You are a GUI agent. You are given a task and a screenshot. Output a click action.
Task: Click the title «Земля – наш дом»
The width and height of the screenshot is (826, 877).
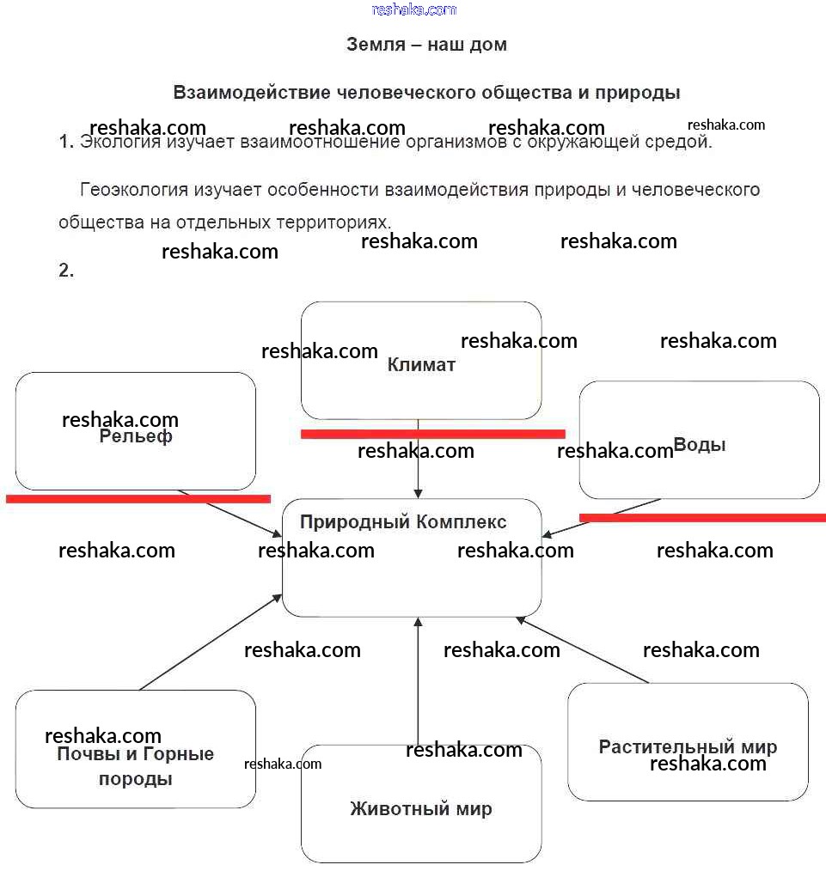[426, 45]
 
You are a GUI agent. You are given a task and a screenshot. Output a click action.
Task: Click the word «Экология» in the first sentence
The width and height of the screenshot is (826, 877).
[119, 143]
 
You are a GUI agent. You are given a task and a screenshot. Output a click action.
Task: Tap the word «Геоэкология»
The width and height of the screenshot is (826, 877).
[133, 190]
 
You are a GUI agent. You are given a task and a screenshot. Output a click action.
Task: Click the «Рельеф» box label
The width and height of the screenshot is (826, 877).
[136, 436]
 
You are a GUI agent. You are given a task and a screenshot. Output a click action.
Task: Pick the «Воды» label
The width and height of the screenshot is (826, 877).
[700, 445]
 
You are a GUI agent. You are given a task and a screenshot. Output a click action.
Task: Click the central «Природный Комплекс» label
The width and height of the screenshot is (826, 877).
[403, 522]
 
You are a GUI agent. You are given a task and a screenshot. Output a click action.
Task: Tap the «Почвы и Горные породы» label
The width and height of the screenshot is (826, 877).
[136, 766]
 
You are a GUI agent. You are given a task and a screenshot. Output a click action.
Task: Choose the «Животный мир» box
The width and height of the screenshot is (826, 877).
[421, 808]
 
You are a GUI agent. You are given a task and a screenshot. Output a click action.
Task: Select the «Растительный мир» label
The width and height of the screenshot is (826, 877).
[688, 746]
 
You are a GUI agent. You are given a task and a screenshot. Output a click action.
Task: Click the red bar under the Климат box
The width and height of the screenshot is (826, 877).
[432, 434]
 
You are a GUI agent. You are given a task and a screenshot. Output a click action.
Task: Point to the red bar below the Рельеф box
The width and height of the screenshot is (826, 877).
[138, 498]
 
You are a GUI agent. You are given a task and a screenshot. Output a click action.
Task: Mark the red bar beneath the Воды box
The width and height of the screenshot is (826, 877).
[702, 517]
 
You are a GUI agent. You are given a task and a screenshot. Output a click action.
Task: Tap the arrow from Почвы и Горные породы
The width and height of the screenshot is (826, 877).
[211, 642]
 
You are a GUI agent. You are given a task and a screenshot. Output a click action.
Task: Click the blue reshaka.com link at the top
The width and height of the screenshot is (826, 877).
[413, 9]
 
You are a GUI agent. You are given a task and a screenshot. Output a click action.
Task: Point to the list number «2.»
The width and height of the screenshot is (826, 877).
[66, 271]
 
